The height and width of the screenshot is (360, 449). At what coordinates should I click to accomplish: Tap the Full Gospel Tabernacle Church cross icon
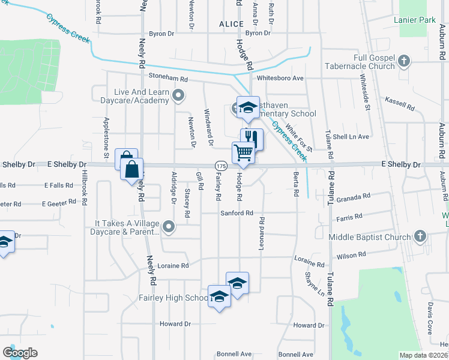click(404, 61)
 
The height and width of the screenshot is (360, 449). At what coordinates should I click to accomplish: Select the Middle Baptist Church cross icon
click(419, 236)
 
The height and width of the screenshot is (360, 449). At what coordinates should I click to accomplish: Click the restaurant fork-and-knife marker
click(252, 139)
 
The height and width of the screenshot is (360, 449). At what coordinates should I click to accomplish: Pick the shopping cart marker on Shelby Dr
click(243, 152)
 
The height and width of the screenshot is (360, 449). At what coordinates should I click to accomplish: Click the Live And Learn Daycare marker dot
click(178, 95)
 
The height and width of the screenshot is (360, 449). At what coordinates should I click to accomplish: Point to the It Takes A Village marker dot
click(169, 227)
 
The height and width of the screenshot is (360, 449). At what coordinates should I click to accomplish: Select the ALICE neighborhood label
click(231, 24)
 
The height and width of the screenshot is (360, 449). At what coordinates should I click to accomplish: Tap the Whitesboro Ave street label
click(280, 78)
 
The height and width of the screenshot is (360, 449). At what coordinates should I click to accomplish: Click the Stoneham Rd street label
click(168, 79)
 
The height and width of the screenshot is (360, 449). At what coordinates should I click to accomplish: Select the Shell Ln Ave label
click(354, 137)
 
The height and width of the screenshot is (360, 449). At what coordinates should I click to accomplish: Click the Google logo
click(20, 353)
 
